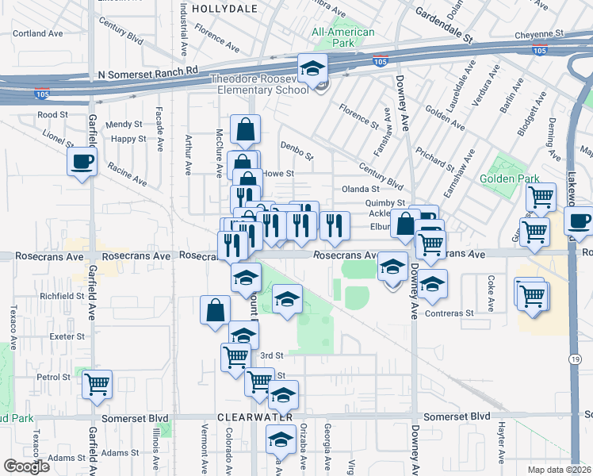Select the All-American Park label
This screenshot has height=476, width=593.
342,38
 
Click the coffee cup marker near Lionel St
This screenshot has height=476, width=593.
82,163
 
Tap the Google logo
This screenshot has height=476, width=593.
26,466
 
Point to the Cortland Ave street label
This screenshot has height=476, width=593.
38,34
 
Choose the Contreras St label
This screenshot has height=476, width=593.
452,313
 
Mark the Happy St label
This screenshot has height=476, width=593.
128,139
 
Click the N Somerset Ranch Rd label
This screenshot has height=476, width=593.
147,72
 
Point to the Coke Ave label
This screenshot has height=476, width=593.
492,292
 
